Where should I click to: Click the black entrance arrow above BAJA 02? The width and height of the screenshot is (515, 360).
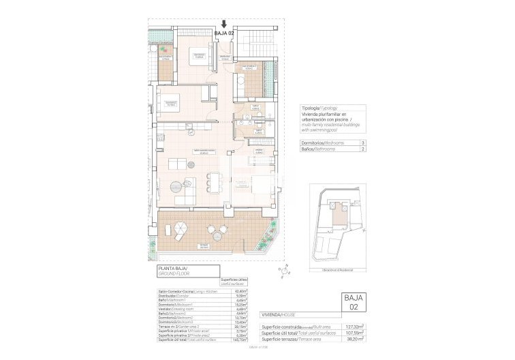[x=225, y=24]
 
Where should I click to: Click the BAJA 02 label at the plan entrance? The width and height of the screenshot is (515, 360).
[x=225, y=33]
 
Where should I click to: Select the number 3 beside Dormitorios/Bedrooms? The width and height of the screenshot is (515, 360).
[x=362, y=143]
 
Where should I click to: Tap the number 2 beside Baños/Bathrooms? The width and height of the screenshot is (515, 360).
[x=362, y=149]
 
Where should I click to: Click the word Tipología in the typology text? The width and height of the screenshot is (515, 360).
[x=311, y=108]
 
